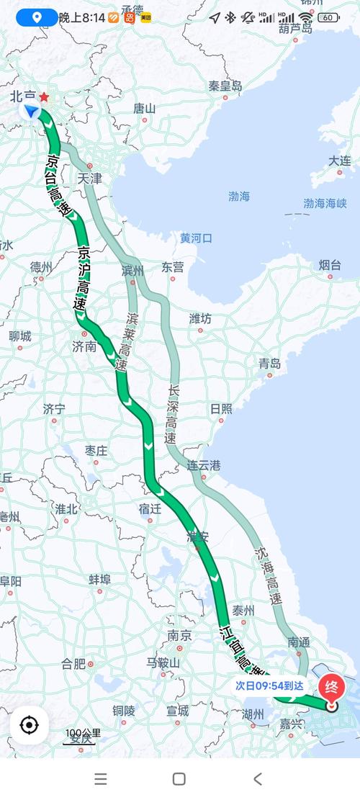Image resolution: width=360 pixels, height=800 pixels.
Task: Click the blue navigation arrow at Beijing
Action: [x=32, y=111]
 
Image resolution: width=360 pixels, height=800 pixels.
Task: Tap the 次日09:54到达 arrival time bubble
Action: [x=269, y=686]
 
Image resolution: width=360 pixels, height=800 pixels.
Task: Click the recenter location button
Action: [x=29, y=724]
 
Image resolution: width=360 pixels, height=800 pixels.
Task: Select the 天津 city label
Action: [x=90, y=179]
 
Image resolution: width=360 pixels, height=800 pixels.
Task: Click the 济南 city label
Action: [x=84, y=346]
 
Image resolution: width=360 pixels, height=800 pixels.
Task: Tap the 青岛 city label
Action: [x=270, y=364]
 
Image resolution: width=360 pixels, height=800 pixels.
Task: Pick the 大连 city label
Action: [x=340, y=161]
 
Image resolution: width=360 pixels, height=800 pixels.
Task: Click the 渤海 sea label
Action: [x=239, y=196]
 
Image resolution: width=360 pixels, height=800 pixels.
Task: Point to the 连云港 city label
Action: [x=204, y=465]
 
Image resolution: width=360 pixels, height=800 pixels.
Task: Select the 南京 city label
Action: [x=179, y=636]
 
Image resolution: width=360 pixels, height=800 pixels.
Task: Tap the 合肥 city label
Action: [x=73, y=663]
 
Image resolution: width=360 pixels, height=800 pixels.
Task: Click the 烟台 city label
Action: [x=330, y=265]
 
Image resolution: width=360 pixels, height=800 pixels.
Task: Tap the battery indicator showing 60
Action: [x=328, y=17]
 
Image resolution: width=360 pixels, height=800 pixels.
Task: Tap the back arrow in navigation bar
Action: [x=257, y=778]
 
